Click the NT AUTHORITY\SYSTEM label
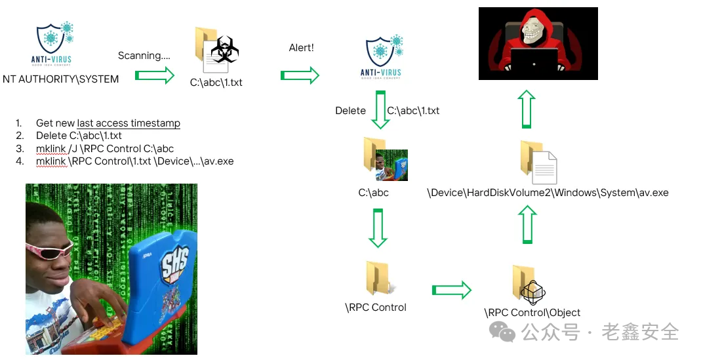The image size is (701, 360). [x=61, y=79]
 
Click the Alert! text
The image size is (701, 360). [x=302, y=49]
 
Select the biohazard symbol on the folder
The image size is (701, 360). [x=224, y=50]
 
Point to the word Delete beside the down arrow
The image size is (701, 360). [x=350, y=111]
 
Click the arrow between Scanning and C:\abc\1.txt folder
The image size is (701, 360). [x=155, y=76]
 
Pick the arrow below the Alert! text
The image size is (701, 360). [x=300, y=76]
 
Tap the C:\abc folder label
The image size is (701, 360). [x=373, y=193]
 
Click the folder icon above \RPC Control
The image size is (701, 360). [x=378, y=278]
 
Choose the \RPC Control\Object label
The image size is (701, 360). [x=532, y=313]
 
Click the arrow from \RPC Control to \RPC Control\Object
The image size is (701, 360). [x=452, y=289]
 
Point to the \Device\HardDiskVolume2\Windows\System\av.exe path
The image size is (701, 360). [x=548, y=193]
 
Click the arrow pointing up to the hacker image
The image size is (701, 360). [x=526, y=109]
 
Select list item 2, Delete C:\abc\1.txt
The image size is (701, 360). [x=79, y=136]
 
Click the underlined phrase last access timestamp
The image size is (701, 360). [x=129, y=123]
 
